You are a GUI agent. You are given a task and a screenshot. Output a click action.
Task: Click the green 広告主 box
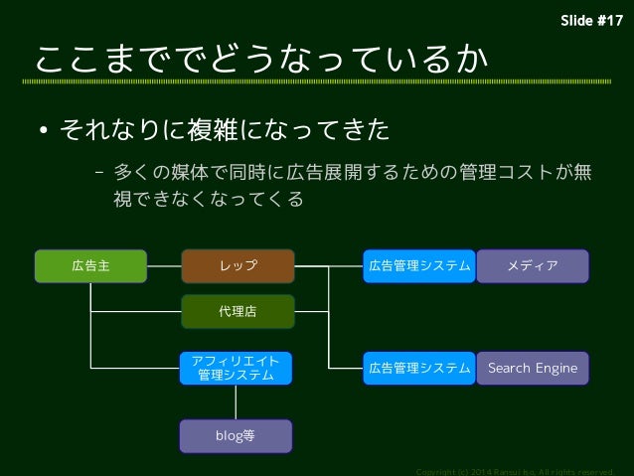[90, 265]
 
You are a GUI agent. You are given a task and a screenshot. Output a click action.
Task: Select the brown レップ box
[238, 265]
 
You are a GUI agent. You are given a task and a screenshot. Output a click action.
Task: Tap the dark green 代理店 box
[238, 311]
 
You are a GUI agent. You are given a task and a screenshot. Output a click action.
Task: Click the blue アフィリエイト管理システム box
[236, 368]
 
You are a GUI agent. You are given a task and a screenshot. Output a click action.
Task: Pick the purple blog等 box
[236, 435]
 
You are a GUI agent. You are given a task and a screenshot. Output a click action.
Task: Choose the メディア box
[533, 265]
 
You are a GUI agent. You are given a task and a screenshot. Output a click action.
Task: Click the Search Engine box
[533, 368]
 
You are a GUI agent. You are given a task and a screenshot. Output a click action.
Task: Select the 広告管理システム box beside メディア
[419, 265]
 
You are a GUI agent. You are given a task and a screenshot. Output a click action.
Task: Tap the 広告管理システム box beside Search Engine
[419, 368]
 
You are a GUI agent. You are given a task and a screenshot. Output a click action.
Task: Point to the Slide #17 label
[592, 21]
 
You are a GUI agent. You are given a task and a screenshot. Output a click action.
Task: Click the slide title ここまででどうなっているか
[261, 61]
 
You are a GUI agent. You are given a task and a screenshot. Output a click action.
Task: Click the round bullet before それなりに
[44, 132]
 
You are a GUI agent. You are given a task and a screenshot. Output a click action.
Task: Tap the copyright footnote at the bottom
[522, 470]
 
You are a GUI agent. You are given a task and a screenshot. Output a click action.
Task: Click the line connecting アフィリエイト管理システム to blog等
[236, 401]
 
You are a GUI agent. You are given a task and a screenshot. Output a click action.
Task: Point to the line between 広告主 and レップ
[164, 265]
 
